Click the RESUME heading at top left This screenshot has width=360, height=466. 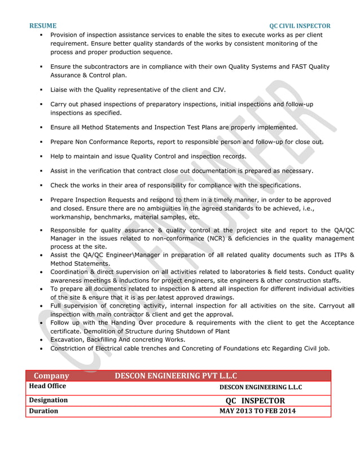[x=43, y=26]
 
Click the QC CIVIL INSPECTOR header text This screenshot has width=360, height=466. [x=300, y=26]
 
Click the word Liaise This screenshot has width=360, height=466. [x=59, y=90]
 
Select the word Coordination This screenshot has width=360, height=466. [x=72, y=272]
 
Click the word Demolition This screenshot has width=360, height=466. [x=100, y=331]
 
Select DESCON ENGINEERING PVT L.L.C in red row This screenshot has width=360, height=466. [x=175, y=376]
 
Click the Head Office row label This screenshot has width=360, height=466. [x=47, y=386]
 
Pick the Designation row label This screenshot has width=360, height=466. [x=49, y=400]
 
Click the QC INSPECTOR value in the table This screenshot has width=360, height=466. [x=255, y=401]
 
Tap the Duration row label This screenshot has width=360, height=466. [x=43, y=411]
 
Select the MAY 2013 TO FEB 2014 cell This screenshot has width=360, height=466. [x=257, y=411]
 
